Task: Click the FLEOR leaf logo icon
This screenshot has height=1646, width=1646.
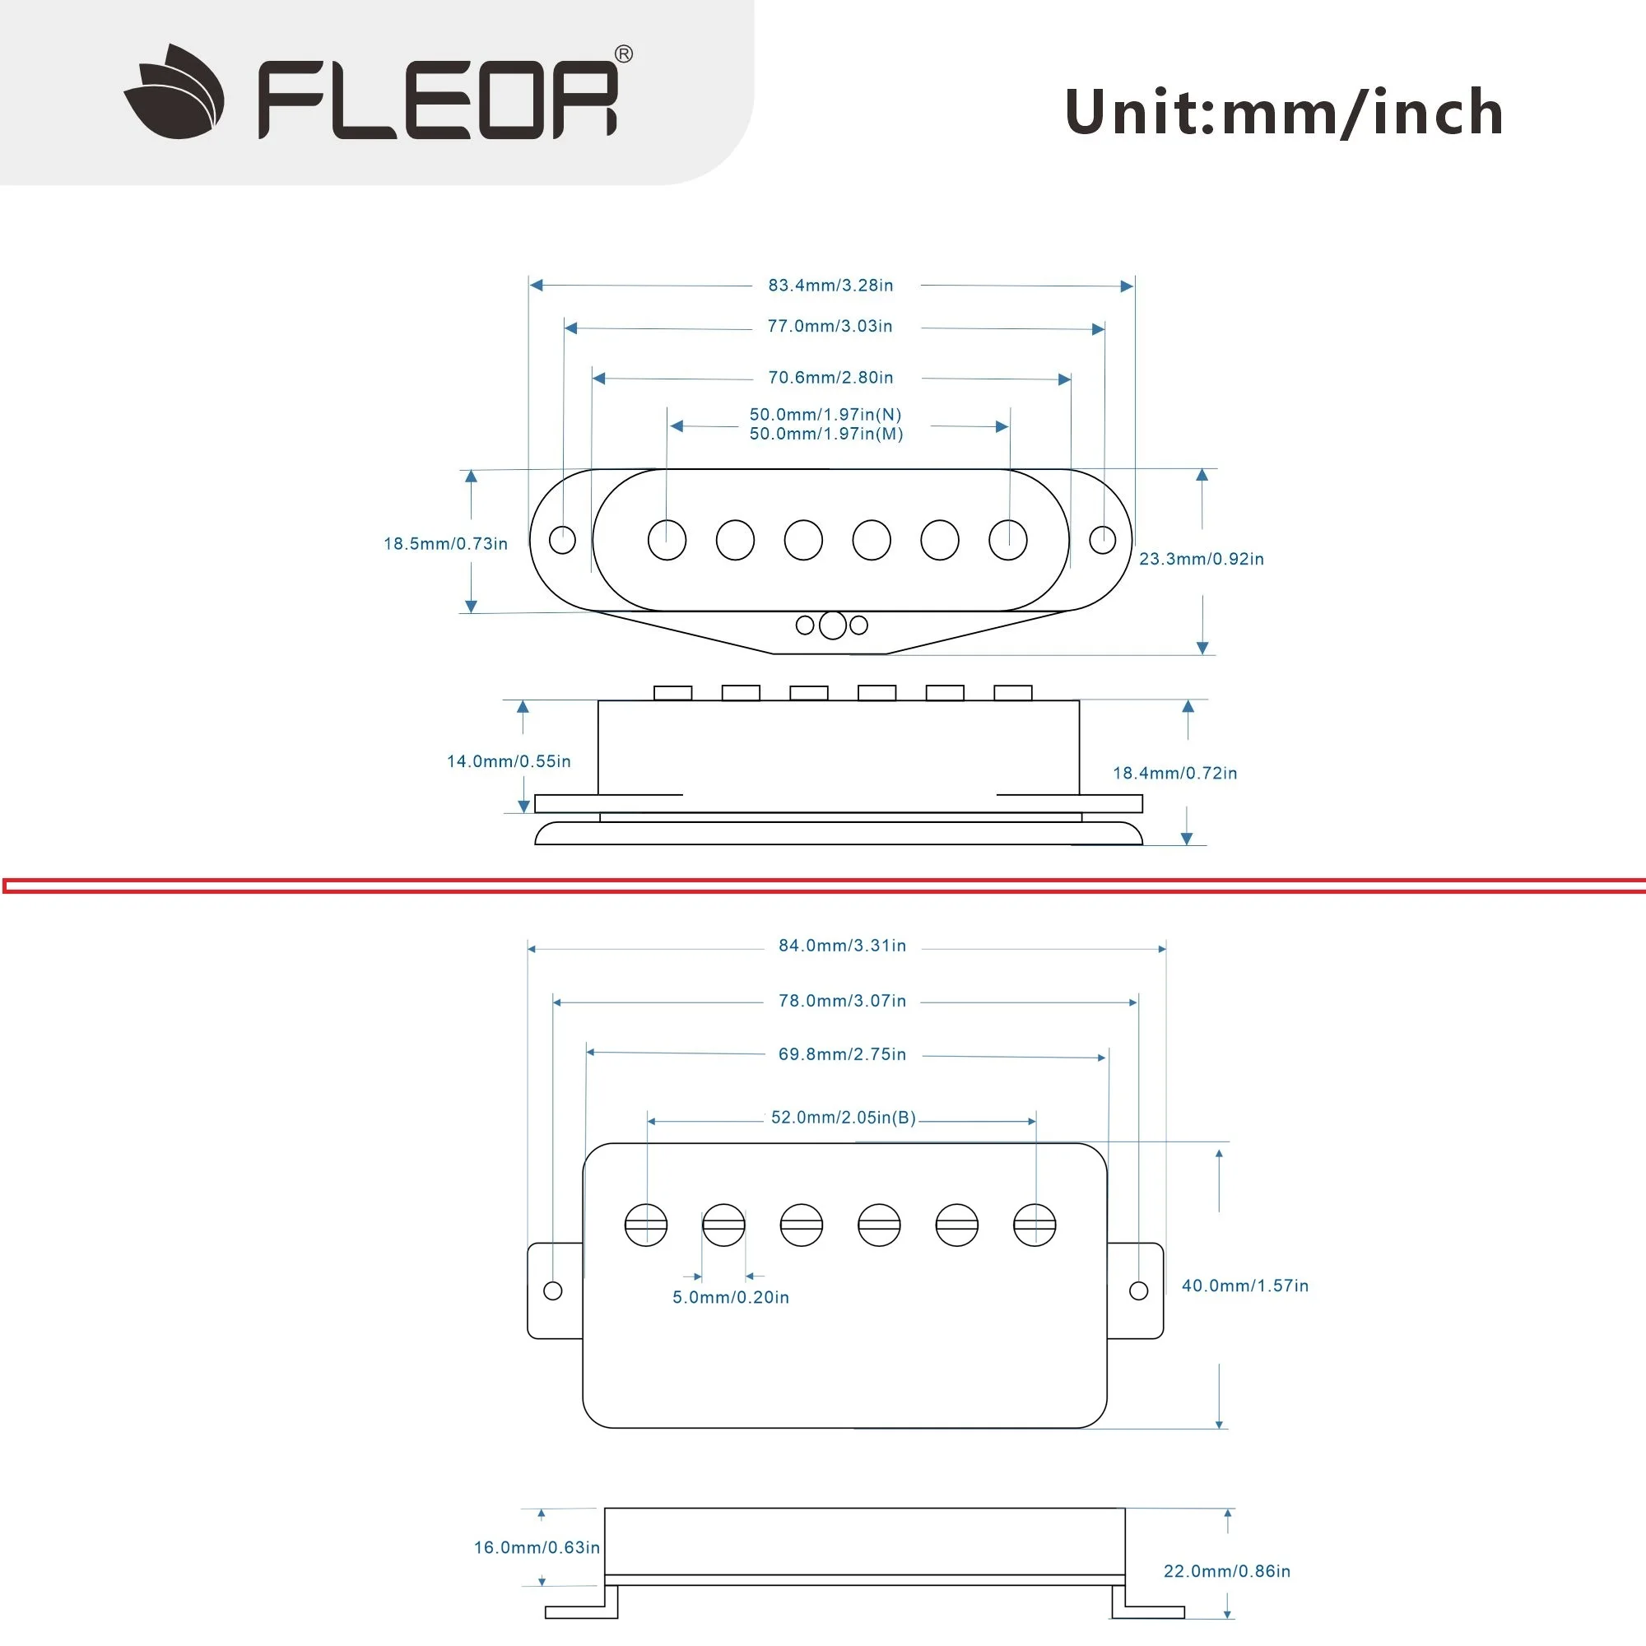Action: [x=174, y=92]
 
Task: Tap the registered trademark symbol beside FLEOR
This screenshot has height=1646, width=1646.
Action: [x=624, y=54]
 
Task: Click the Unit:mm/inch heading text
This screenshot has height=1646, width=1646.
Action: [x=1284, y=112]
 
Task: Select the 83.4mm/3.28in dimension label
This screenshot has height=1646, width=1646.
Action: [x=830, y=286]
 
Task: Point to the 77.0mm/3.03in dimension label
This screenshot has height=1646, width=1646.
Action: [x=830, y=326]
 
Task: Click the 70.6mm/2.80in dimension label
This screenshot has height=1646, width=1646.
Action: [x=830, y=378]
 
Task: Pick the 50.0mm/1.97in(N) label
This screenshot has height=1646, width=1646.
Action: [x=825, y=415]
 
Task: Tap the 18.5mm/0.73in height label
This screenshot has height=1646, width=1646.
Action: [x=445, y=543]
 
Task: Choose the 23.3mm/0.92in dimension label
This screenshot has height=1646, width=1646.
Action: [x=1202, y=559]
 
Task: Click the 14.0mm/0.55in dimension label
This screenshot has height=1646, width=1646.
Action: [x=509, y=760]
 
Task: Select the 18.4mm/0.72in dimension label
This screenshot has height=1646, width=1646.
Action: [x=1175, y=773]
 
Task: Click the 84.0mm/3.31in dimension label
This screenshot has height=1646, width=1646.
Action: [x=843, y=946]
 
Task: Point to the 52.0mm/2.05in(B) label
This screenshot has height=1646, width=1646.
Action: [x=844, y=1118]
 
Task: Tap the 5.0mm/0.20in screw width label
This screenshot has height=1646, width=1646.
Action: [x=731, y=1298]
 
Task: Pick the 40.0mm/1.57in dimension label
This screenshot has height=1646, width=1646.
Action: [x=1244, y=1286]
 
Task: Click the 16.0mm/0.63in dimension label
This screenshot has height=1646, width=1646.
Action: [x=537, y=1547]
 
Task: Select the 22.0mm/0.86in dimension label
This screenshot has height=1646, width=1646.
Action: [x=1227, y=1571]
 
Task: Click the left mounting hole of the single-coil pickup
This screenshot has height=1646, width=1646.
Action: [x=562, y=539]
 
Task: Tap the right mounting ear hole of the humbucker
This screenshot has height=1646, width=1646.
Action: [x=1138, y=1290]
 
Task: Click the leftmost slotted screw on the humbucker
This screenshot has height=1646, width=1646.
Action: [x=646, y=1225]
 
